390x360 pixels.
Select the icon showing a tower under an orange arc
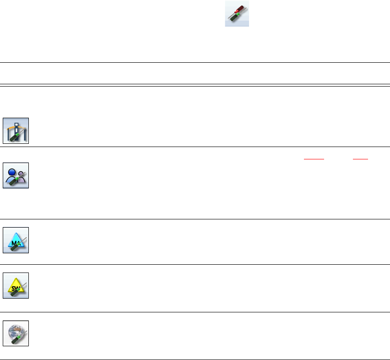tap(16, 131)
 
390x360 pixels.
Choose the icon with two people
tap(16, 175)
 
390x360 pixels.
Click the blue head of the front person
tap(13, 171)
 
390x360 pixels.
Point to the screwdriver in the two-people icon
tap(16, 180)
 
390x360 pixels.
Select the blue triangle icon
tap(16, 240)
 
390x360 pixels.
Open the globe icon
tap(16, 333)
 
